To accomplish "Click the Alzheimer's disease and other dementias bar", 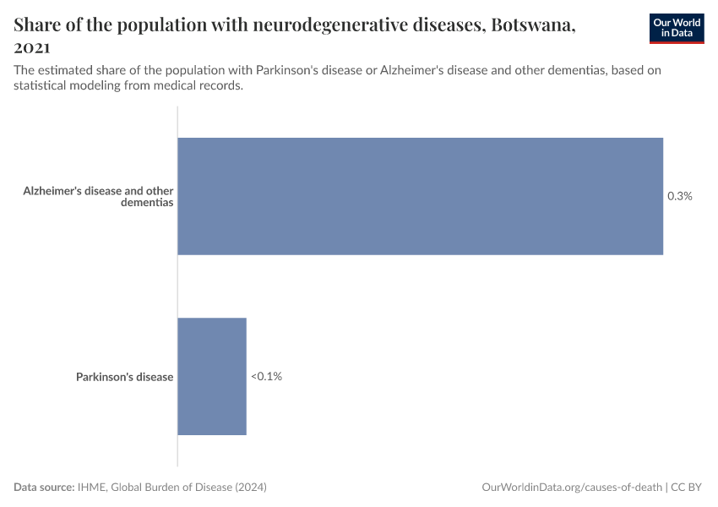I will pyautogui.click(x=420, y=196).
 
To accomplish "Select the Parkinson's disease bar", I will pyautogui.click(x=212, y=376).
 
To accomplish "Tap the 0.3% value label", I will pyautogui.click(x=680, y=196).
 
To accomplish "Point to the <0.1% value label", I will pyautogui.click(x=266, y=376).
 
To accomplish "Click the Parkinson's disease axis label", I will pyautogui.click(x=124, y=377).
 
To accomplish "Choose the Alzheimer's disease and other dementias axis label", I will pyautogui.click(x=98, y=196).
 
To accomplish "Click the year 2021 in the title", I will pyautogui.click(x=32, y=47).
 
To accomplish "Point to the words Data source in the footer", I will pyautogui.click(x=43, y=488).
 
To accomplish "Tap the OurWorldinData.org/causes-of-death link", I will pyautogui.click(x=571, y=488).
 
